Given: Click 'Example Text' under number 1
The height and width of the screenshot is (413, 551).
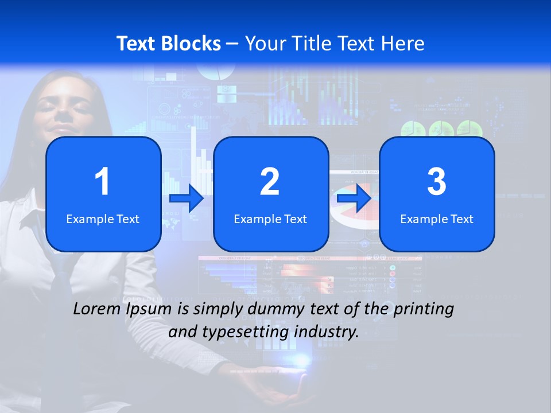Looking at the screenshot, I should [x=103, y=219].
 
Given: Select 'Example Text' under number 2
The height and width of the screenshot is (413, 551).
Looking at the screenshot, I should [x=270, y=219].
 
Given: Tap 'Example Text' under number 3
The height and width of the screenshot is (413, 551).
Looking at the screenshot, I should [x=437, y=219].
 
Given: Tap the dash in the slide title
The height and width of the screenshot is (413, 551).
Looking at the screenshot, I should [x=232, y=44].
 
